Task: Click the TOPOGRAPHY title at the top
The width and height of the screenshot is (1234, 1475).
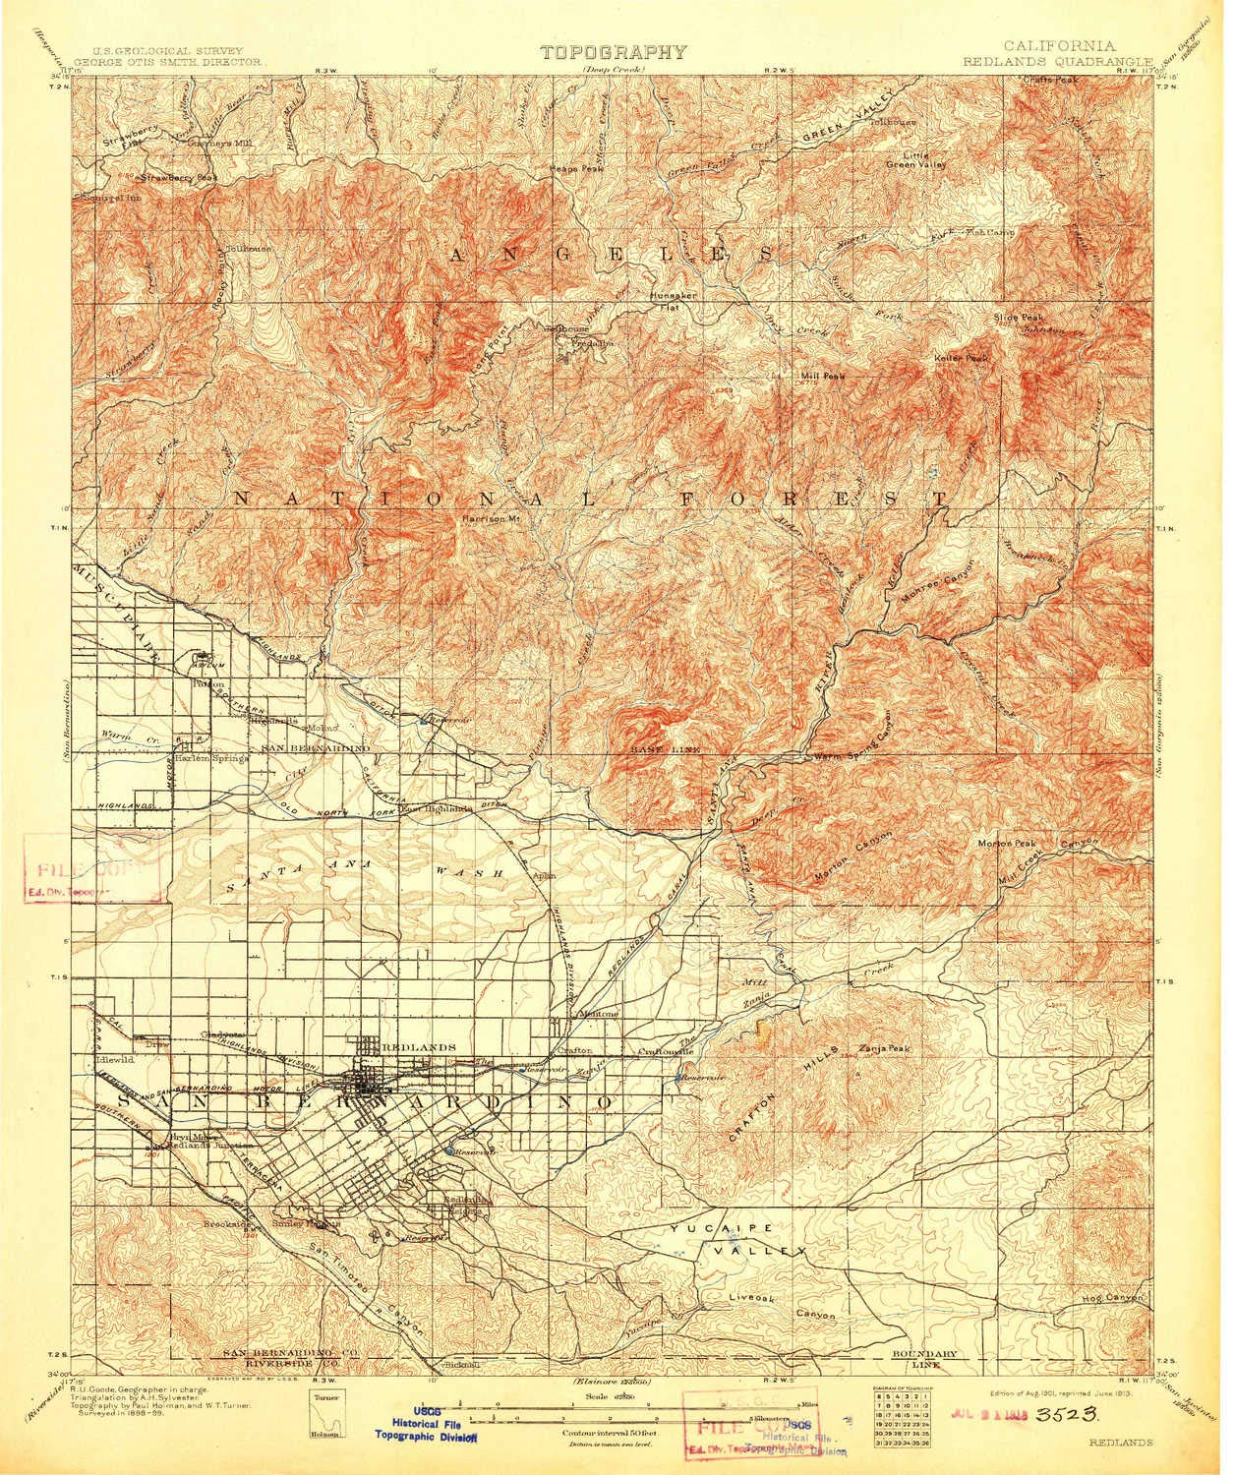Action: [x=612, y=53]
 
